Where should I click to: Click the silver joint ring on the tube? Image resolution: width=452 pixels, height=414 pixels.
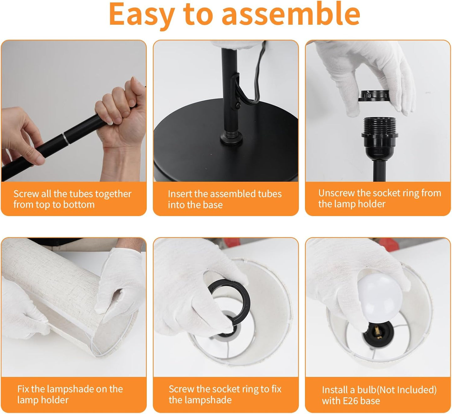(x=66, y=138)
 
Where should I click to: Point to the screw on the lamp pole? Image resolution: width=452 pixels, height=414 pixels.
(x=238, y=105)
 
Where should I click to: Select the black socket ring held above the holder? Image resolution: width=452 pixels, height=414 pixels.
(x=374, y=96)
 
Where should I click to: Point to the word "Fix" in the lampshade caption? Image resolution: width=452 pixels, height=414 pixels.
(x=23, y=389)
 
